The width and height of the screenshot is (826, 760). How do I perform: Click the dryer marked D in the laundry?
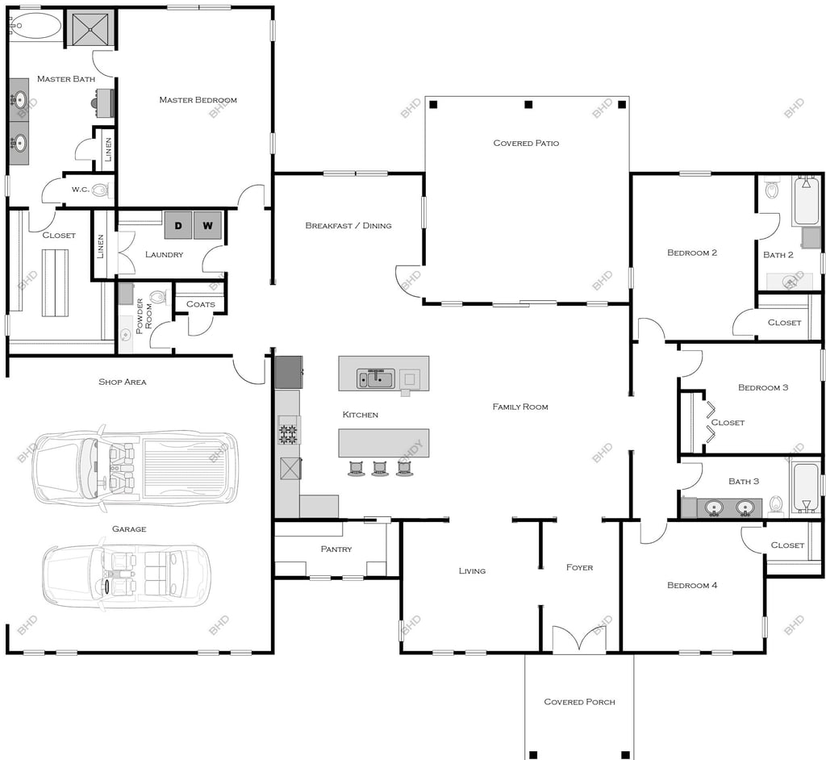(178, 225)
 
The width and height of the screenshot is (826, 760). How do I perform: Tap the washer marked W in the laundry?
(207, 225)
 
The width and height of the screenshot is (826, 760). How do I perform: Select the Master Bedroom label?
(198, 99)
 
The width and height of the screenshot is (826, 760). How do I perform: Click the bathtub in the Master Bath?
(35, 25)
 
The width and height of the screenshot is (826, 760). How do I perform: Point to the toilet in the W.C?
(100, 190)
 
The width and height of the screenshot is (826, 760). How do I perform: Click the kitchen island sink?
(376, 378)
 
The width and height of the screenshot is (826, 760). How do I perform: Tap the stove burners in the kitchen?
(288, 429)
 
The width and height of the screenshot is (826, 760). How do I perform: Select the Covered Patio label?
(526, 143)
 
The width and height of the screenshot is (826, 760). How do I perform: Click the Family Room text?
(520, 407)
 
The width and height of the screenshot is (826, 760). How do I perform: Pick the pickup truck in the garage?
(136, 468)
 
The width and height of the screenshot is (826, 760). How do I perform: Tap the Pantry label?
(336, 549)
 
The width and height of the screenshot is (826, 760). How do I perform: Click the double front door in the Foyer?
(579, 639)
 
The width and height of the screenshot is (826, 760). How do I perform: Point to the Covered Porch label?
(579, 701)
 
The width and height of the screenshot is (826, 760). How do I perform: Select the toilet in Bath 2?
(772, 189)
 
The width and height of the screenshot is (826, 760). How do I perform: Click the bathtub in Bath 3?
(805, 487)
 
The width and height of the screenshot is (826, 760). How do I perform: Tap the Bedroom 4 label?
(692, 585)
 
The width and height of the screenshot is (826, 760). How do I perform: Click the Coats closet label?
(201, 304)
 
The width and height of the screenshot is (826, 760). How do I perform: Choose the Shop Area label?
(123, 382)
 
